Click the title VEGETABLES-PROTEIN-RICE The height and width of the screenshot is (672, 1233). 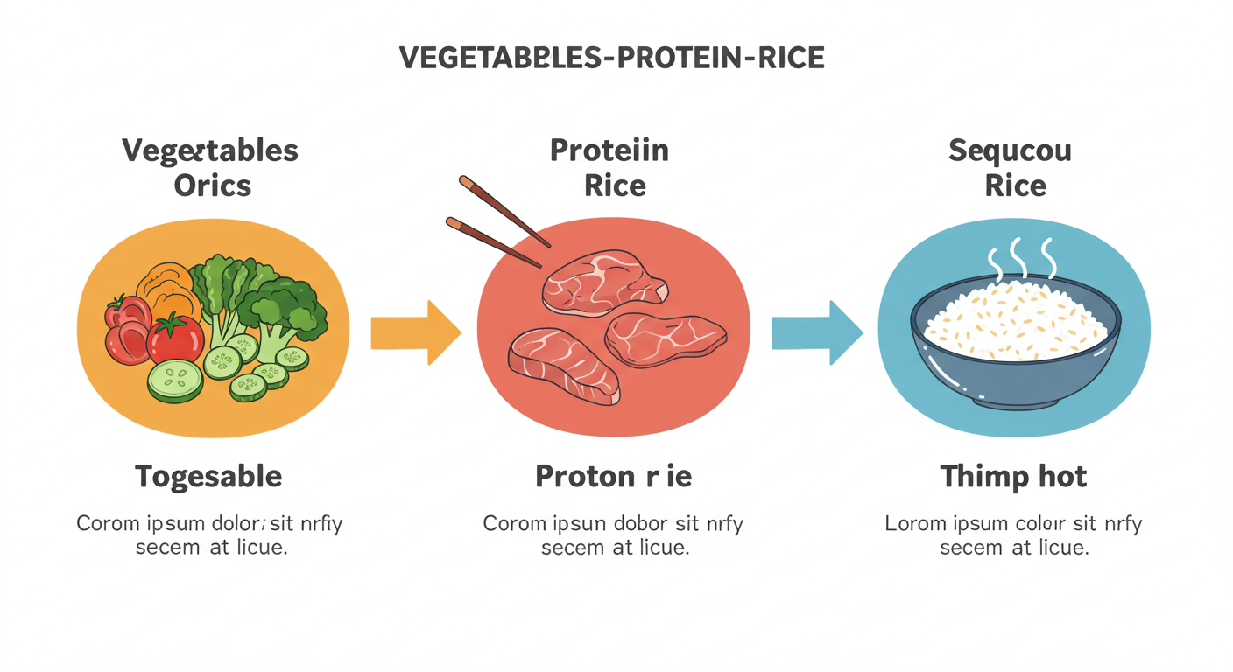(x=611, y=58)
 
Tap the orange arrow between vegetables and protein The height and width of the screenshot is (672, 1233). (x=415, y=332)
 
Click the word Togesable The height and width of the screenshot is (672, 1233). (x=208, y=477)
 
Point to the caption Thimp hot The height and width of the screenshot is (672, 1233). (x=1013, y=477)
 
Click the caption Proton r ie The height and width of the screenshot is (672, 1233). (x=613, y=477)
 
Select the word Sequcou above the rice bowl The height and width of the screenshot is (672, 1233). (x=1010, y=150)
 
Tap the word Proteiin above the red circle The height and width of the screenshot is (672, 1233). (x=609, y=150)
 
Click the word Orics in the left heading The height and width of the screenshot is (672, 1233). (x=212, y=185)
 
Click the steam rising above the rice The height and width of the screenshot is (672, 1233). (x=1020, y=255)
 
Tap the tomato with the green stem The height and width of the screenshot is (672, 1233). (x=175, y=339)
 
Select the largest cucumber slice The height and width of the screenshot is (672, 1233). (x=174, y=381)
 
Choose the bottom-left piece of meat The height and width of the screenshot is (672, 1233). (x=565, y=365)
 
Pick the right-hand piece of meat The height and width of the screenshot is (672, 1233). (x=666, y=339)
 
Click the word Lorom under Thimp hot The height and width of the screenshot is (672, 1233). (x=914, y=524)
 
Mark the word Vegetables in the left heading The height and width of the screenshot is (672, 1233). (x=210, y=150)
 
